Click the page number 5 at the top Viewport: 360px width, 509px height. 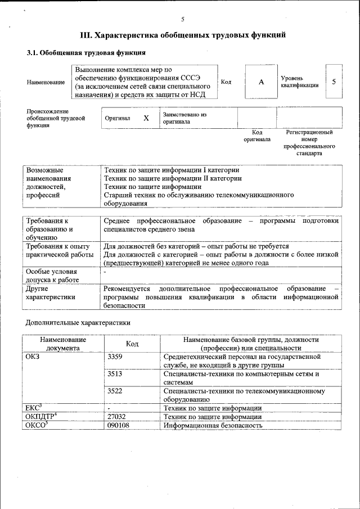click(183, 19)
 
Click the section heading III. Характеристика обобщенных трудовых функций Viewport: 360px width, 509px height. click(183, 35)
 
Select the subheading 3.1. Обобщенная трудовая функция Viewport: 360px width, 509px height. click(87, 53)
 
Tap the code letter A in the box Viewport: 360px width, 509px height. click(261, 82)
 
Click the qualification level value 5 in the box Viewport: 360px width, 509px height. click(334, 82)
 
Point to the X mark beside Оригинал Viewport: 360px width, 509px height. click(146, 119)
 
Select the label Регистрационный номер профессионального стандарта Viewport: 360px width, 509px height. click(309, 143)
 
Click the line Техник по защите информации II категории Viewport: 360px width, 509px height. click(173, 178)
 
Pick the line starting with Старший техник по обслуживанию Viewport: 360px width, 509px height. click(199, 195)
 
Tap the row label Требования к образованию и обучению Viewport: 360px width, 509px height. click(49, 229)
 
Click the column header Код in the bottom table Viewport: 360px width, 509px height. click(132, 344)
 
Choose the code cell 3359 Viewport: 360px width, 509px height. click(115, 357)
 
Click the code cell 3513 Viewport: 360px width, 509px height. click(115, 373)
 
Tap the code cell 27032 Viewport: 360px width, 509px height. click(116, 417)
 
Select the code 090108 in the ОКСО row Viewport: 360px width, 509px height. click(118, 425)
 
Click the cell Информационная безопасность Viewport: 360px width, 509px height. click(213, 425)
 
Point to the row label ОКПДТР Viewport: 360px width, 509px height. click(42, 417)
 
